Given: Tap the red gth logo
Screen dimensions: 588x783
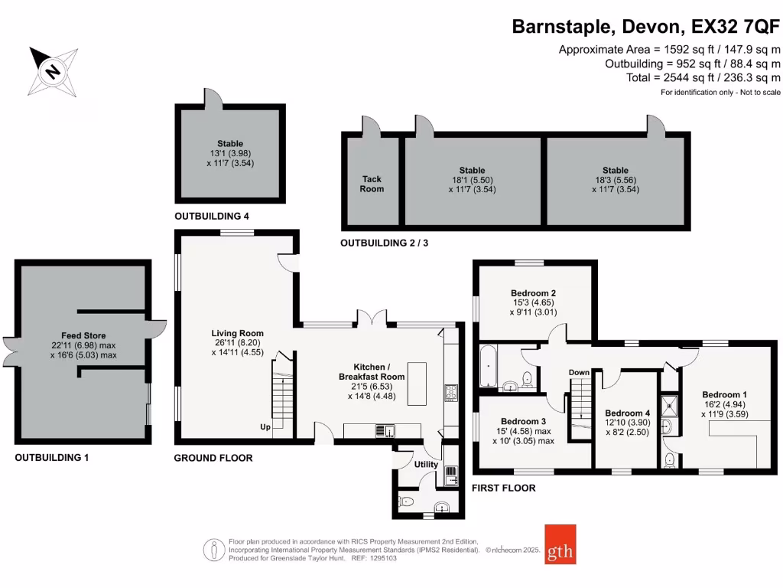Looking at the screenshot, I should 560,544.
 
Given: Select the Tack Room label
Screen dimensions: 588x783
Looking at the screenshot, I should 372,184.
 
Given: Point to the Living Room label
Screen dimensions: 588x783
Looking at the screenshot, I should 238,333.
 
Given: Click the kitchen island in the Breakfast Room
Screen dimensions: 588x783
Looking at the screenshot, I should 417,384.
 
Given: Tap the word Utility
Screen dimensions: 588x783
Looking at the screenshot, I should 426,464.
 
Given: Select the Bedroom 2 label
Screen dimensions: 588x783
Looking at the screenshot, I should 533,293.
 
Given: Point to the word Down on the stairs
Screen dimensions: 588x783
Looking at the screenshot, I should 579,373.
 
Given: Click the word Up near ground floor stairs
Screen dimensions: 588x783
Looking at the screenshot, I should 265,426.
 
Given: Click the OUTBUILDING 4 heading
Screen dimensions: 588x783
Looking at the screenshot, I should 212,217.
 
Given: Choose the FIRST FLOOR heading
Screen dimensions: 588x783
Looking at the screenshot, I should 503,488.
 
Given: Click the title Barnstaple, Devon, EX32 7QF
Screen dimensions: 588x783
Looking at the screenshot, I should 645,28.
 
